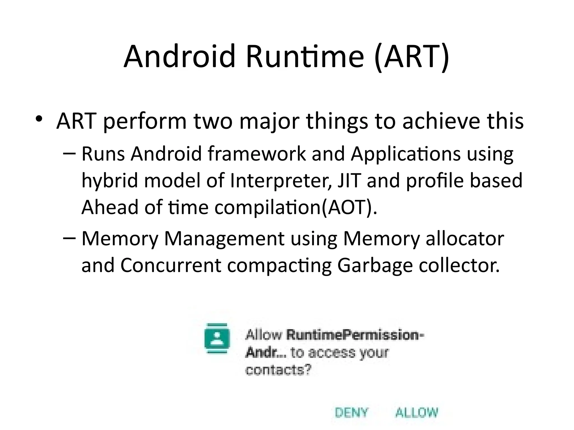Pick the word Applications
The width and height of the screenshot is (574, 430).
[x=406, y=154]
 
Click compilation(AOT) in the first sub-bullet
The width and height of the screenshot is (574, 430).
[x=295, y=207]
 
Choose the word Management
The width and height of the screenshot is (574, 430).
[x=224, y=239]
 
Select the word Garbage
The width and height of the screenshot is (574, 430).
[x=375, y=266]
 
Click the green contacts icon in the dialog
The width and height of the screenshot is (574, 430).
[x=217, y=339]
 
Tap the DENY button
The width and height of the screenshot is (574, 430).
[x=351, y=413]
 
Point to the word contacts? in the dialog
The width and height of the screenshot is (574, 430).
[x=278, y=370]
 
